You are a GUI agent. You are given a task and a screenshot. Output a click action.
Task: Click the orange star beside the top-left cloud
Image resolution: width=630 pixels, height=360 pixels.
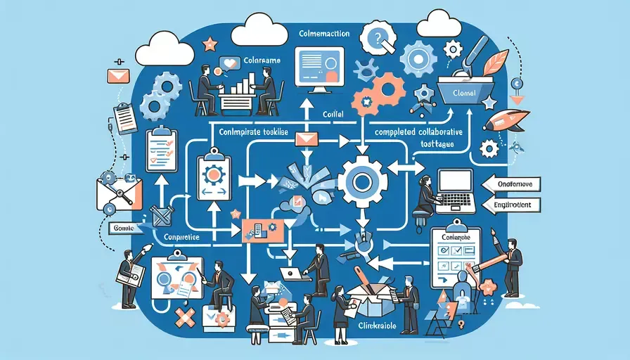[210, 45]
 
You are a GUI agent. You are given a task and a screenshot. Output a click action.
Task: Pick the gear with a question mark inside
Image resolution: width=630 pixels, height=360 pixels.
[378, 36]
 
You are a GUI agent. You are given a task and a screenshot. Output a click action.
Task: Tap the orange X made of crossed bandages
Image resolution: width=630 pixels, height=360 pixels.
[186, 320]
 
